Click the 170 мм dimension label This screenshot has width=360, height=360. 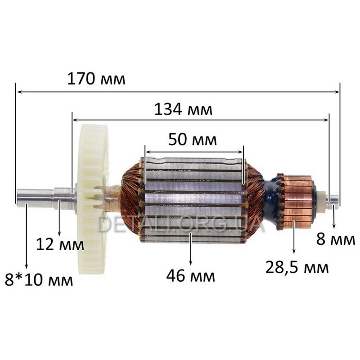tap(96, 79)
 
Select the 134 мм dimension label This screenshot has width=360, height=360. tap(183, 109)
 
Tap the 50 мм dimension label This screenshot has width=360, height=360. tap(193, 140)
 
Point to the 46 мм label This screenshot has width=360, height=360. tap(190, 276)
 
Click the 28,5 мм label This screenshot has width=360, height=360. tap(297, 268)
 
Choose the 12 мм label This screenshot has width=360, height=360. tap(60, 244)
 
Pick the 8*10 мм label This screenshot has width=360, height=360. tap(39, 280)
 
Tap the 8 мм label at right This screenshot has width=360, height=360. tap(336, 240)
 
